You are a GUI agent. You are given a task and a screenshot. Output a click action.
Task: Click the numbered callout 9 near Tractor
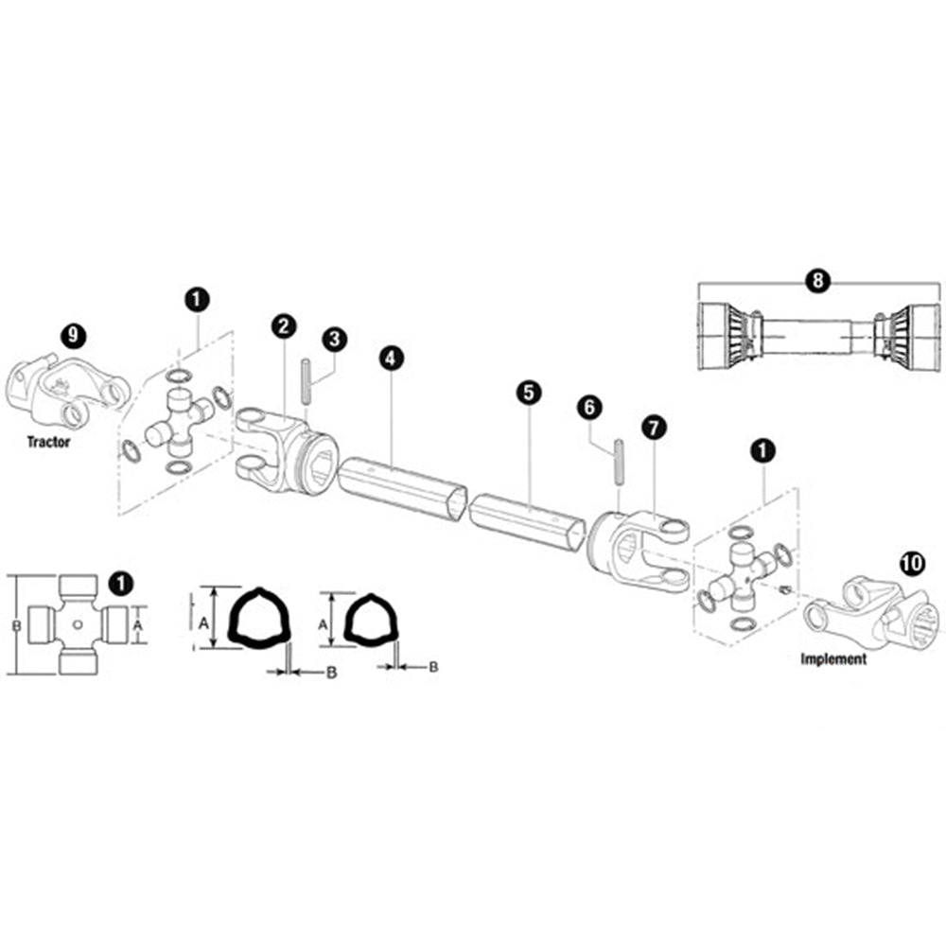pyautogui.click(x=74, y=335)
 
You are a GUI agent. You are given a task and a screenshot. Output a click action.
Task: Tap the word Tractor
pyautogui.click(x=48, y=442)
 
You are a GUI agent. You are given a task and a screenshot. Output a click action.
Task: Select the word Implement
pyautogui.click(x=833, y=658)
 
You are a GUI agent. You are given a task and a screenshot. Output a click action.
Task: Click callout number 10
pyautogui.click(x=912, y=564)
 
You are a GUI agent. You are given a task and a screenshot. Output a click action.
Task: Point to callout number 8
pyautogui.click(x=818, y=281)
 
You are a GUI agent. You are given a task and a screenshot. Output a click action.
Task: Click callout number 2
pyautogui.click(x=284, y=325)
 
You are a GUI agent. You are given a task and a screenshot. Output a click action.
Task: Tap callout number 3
pyautogui.click(x=334, y=340)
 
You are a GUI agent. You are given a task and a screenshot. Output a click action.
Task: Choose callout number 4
pyautogui.click(x=391, y=359)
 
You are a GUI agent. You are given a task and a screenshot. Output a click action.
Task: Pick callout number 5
pyautogui.click(x=529, y=393)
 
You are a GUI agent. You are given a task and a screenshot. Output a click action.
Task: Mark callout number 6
pyautogui.click(x=589, y=408)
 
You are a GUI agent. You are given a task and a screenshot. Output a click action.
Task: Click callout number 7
pyautogui.click(x=654, y=429)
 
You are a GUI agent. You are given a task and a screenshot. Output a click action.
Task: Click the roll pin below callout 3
pyautogui.click(x=306, y=383)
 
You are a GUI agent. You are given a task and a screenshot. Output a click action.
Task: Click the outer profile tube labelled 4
pyautogui.click(x=402, y=485)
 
